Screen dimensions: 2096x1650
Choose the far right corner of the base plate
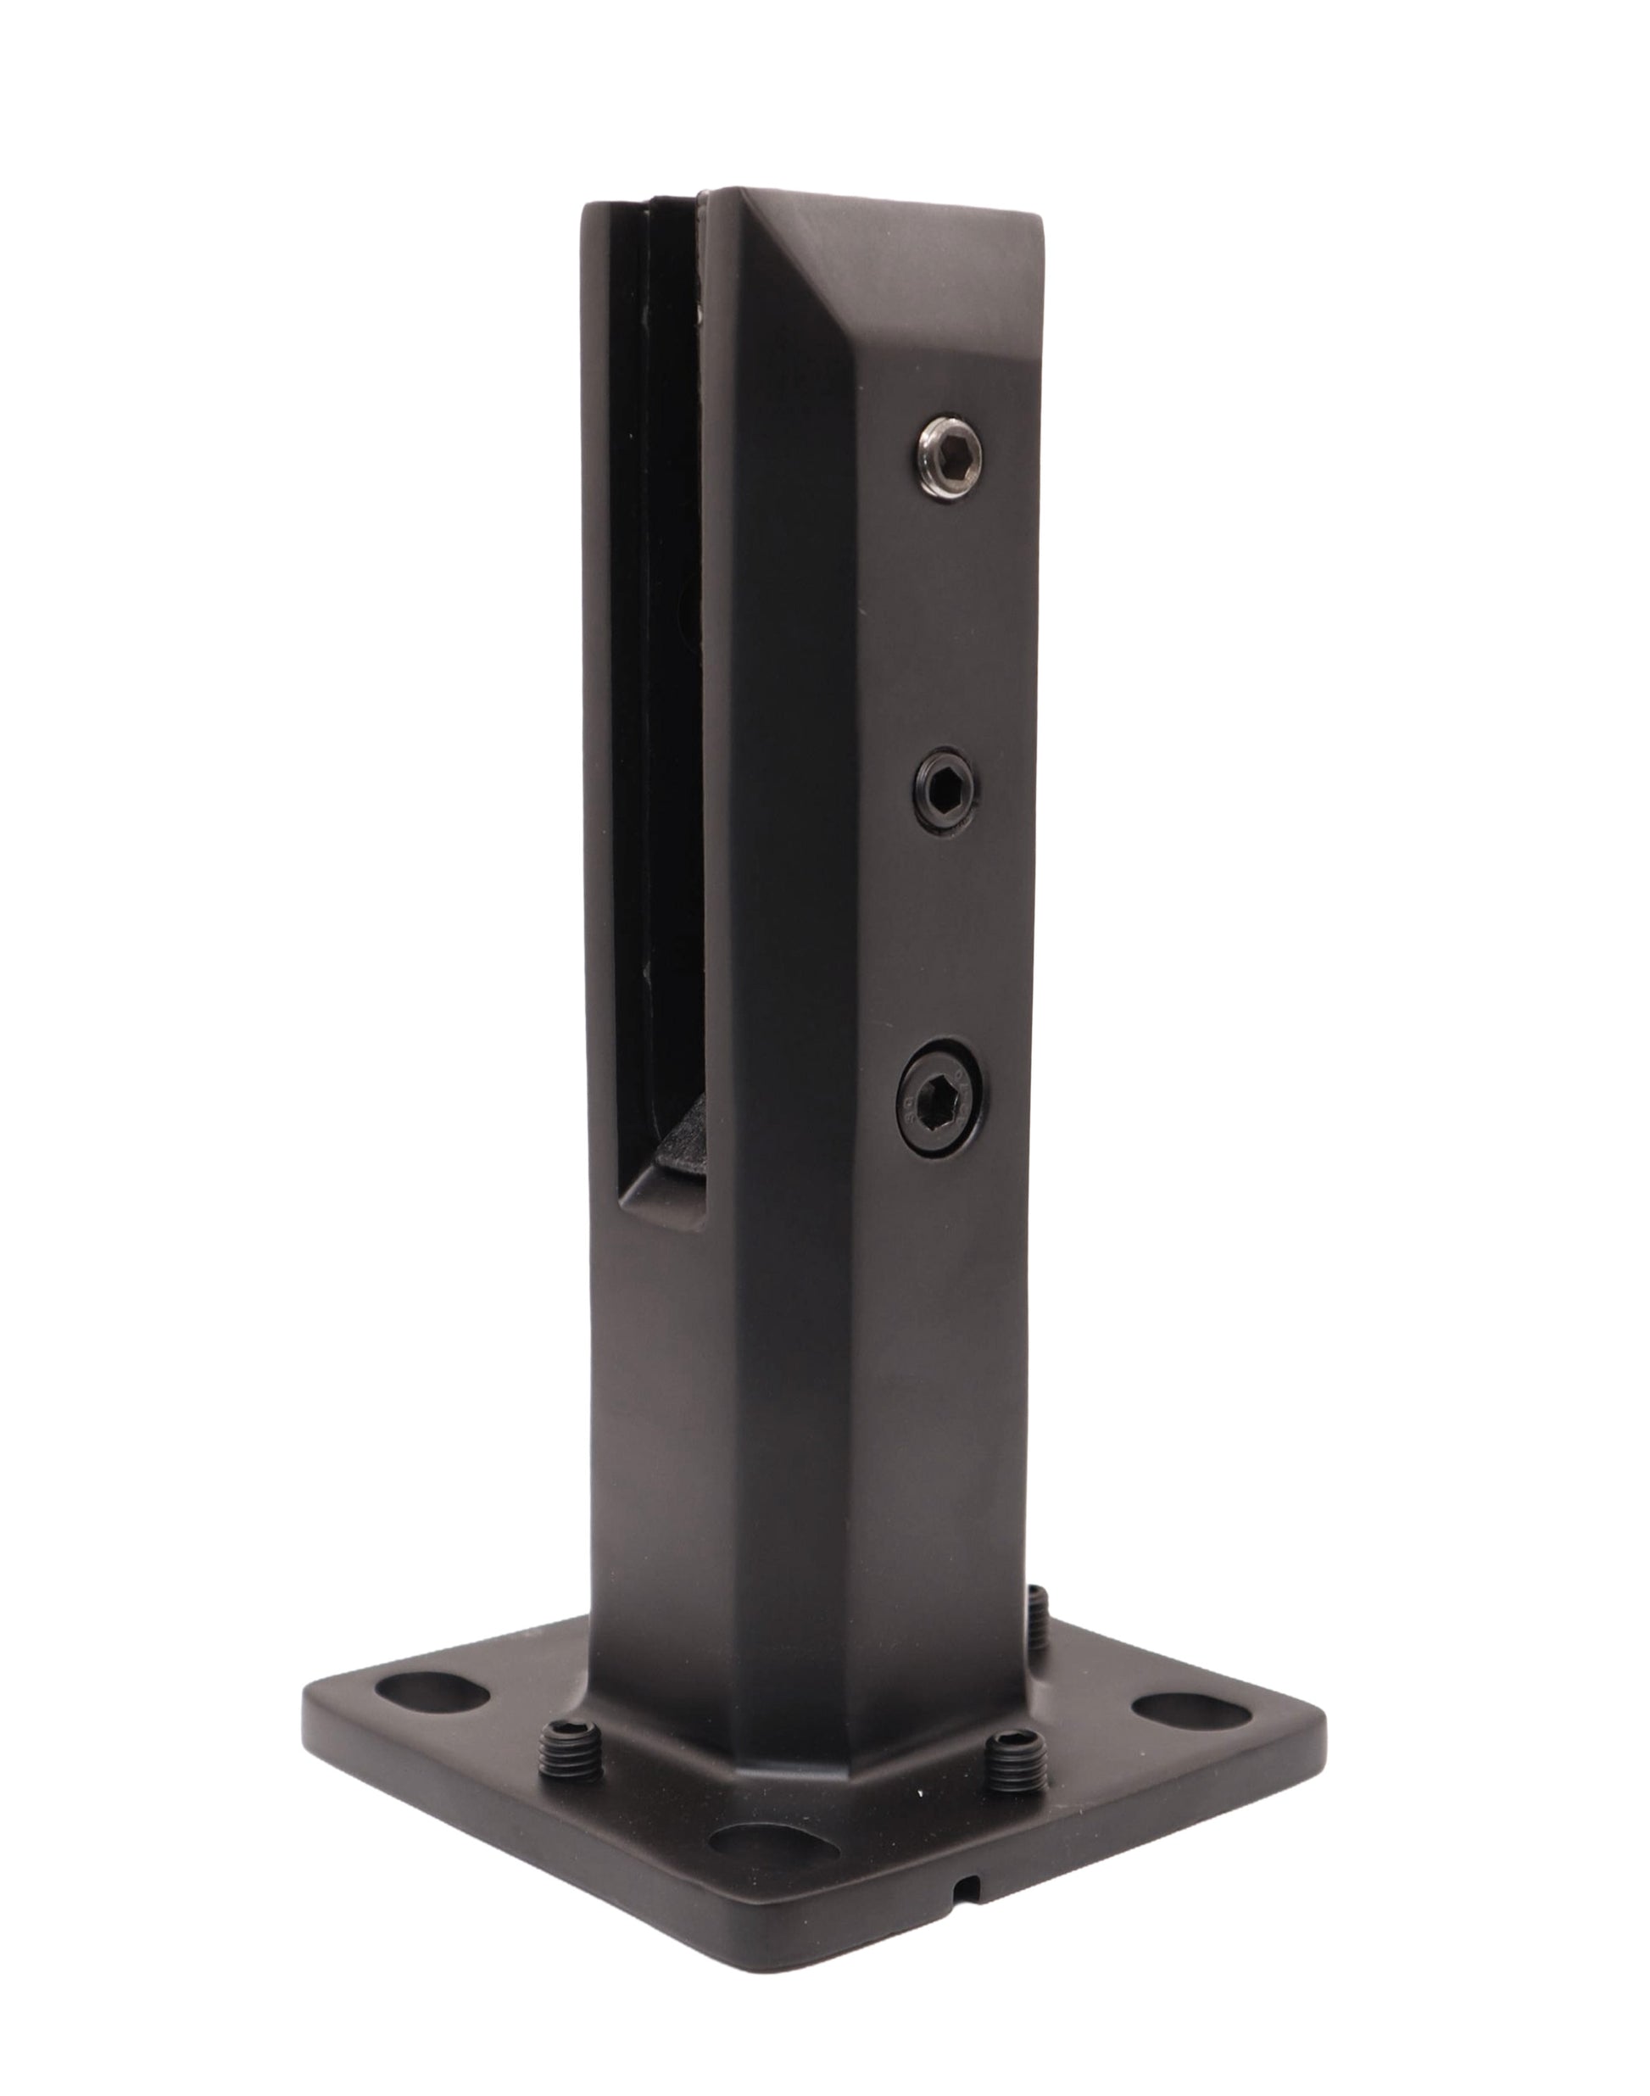[x=1316, y=1729]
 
